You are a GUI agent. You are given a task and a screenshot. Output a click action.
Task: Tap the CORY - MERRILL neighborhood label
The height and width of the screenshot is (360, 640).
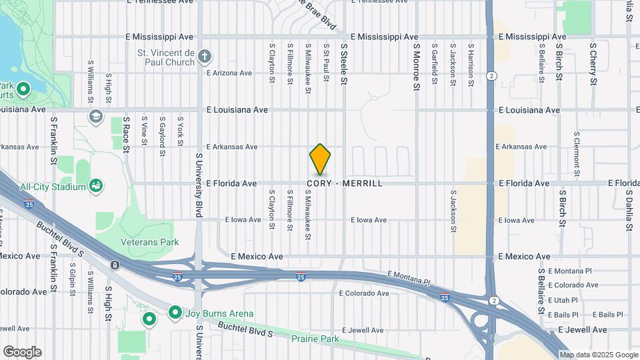(x=345, y=183)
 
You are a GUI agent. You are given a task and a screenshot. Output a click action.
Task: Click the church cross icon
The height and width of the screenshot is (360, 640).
(x=205, y=57)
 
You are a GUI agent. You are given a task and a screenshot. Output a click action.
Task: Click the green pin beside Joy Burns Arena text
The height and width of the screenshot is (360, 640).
(x=176, y=312)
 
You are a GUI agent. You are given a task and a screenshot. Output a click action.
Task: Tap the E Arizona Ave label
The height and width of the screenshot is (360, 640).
(x=229, y=73)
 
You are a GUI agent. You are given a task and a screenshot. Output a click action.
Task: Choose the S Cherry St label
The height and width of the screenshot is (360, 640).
(x=593, y=64)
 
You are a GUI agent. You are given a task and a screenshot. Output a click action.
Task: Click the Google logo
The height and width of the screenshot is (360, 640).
(x=22, y=352)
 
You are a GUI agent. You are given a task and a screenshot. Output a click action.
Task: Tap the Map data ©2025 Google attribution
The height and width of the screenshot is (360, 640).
(x=598, y=355)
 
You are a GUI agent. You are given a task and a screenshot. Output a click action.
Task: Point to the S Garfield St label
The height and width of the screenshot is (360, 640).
(x=434, y=65)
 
